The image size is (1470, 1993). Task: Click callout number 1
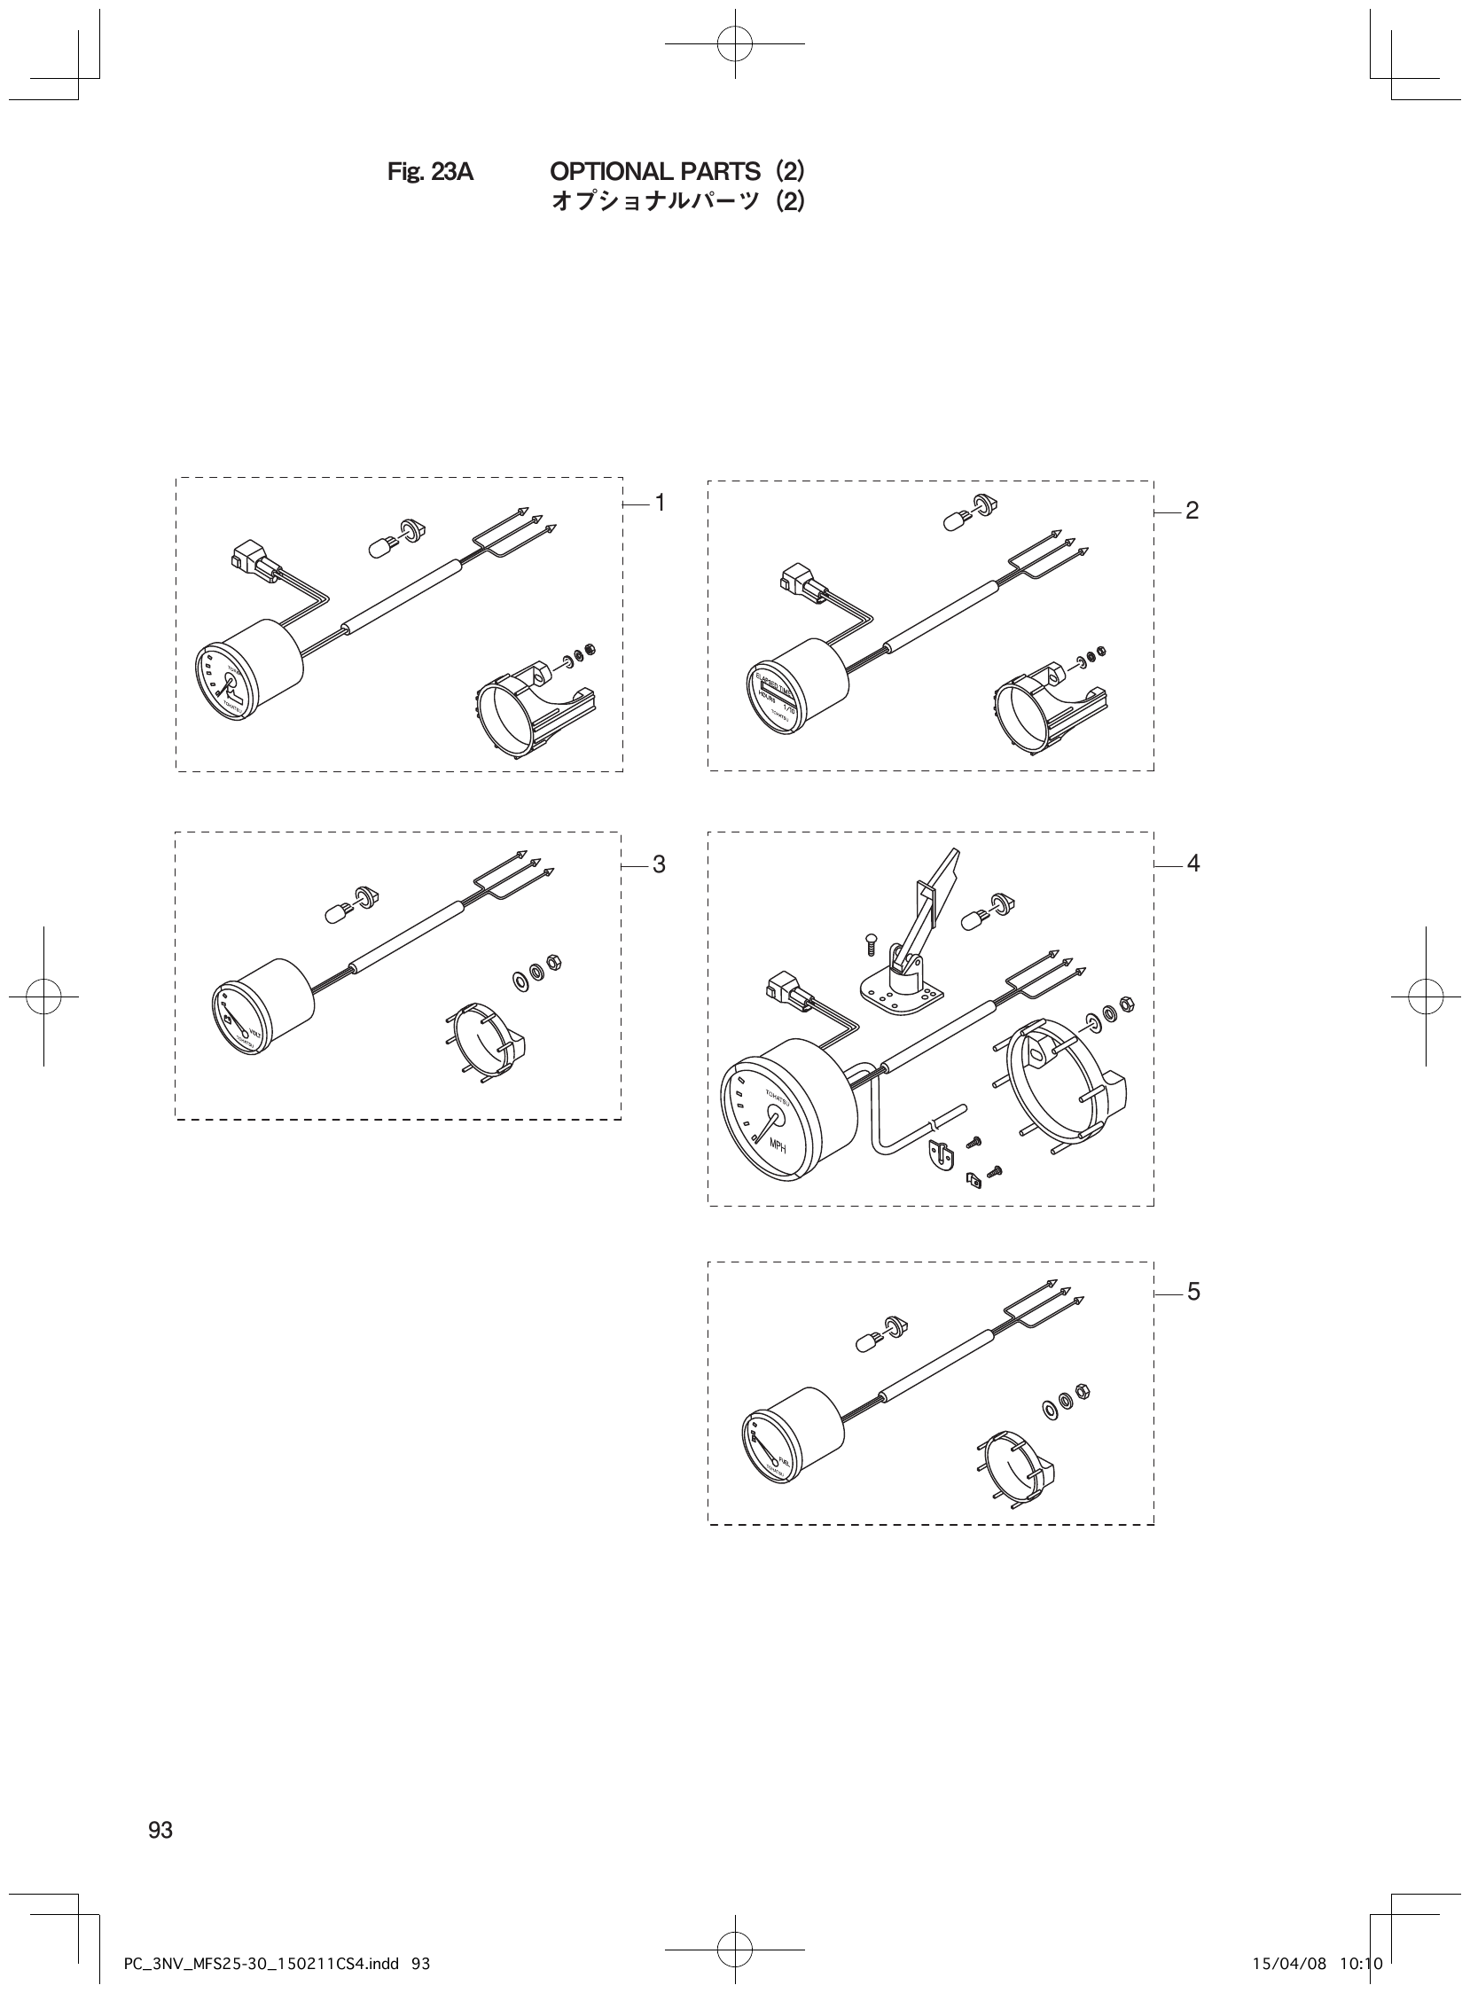pyautogui.click(x=661, y=503)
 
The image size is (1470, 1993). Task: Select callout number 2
pyautogui.click(x=1192, y=511)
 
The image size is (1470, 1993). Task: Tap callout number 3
pyautogui.click(x=660, y=864)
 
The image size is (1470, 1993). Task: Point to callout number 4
pyautogui.click(x=1193, y=863)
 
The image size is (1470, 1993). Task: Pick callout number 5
pyautogui.click(x=1193, y=1291)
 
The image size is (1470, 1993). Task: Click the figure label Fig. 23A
pyautogui.click(x=431, y=172)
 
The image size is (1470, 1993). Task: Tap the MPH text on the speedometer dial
pyautogui.click(x=778, y=1147)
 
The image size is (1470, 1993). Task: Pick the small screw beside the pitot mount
pyautogui.click(x=872, y=944)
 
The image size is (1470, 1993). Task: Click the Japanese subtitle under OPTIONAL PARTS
pyautogui.click(x=678, y=202)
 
